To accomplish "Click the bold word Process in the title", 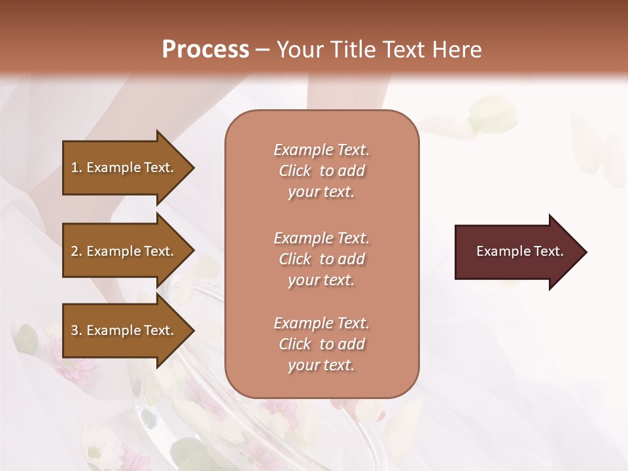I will (205, 50).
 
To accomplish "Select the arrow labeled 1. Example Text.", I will (124, 167).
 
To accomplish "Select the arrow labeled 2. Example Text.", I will (124, 251).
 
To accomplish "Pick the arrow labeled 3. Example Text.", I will (124, 330).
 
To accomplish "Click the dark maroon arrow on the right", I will (517, 252).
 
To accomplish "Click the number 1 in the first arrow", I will (75, 167).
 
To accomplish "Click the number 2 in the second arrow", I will (75, 251).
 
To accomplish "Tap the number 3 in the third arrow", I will (75, 330).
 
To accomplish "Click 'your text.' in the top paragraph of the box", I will (321, 192).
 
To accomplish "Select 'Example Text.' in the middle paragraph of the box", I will (321, 238).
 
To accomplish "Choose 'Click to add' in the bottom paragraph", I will (321, 344).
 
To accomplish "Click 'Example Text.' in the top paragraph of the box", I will (321, 150).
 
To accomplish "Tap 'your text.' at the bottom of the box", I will (321, 365).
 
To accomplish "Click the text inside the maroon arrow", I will (519, 251).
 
